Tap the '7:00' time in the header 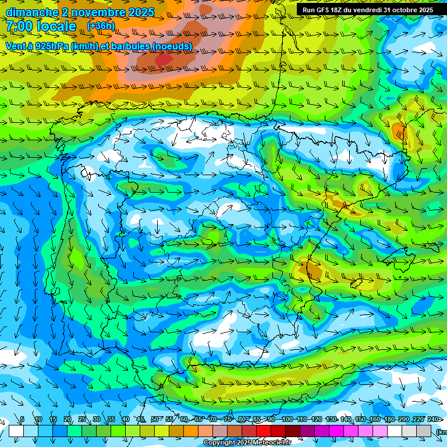tap(20, 26)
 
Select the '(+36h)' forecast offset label tap(101, 26)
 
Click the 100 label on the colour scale tap(287, 419)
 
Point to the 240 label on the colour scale tap(433, 419)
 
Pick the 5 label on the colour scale tap(22, 419)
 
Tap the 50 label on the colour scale tap(155, 419)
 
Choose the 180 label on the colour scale tap(389, 419)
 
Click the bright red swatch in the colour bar tap(264, 431)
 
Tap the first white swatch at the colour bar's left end tap(16, 431)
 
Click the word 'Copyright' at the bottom tap(219, 443)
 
